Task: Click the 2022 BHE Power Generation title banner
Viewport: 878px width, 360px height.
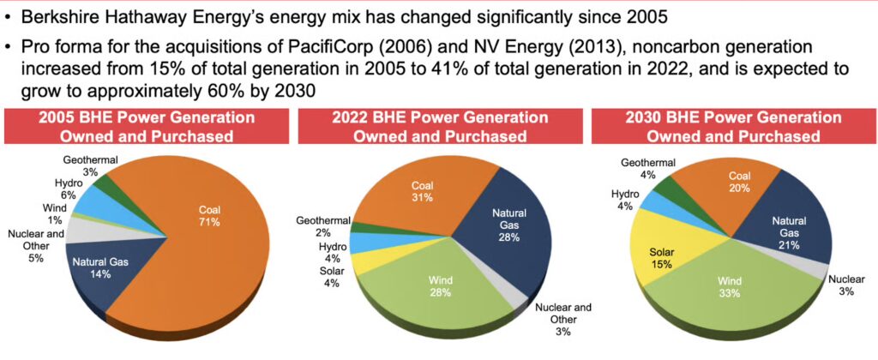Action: pyautogui.click(x=439, y=126)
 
